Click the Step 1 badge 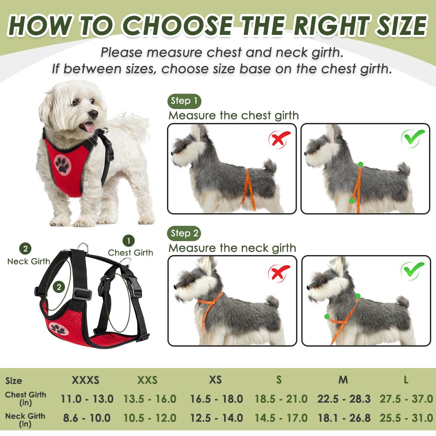point(184,101)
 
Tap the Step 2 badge point(184,233)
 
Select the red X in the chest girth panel point(279,139)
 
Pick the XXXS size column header point(85,380)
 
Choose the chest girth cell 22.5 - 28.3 point(344,399)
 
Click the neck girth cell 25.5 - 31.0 point(406,418)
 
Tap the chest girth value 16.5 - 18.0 point(216,399)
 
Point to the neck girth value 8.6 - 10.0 point(87,418)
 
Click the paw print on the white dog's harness point(62,165)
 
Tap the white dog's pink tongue point(89,127)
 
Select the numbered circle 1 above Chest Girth point(129,241)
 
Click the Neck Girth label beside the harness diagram point(29,261)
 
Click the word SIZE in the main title point(402,26)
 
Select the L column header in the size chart point(406,380)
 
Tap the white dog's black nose point(94,114)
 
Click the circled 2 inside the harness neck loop point(59,287)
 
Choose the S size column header point(279,380)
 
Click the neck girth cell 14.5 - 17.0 point(281,418)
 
